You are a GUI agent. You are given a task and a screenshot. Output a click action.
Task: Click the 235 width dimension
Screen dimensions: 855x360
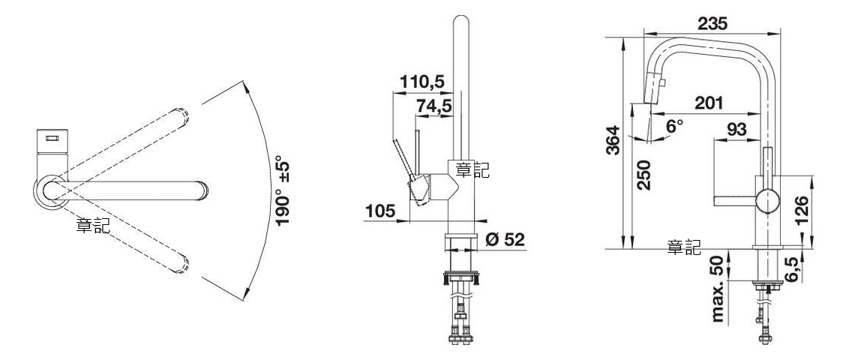point(712,23)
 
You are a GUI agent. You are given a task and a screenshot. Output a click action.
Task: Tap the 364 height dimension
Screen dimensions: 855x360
point(614,140)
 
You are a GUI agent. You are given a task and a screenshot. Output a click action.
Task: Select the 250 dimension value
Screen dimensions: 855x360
point(644,174)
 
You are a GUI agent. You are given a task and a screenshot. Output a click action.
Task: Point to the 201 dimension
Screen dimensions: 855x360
point(708,102)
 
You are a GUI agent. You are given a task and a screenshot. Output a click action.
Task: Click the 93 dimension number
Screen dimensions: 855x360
point(736,130)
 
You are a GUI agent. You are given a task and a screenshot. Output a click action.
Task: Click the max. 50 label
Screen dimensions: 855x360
point(719,289)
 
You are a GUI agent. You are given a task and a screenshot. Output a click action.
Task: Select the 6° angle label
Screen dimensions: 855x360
point(674,127)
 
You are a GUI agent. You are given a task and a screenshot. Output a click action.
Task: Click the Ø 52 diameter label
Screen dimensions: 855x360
point(505,239)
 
